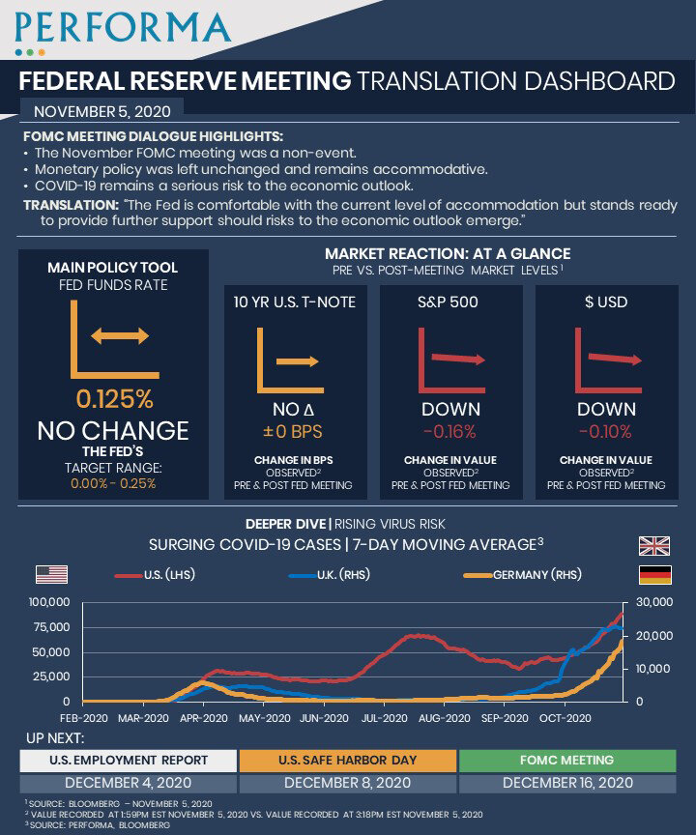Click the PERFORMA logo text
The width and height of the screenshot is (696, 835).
coord(123,27)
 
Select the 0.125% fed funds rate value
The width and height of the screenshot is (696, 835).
coord(113,398)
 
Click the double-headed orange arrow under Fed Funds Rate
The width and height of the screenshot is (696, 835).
coord(120,336)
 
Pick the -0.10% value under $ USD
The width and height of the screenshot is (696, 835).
coord(605,432)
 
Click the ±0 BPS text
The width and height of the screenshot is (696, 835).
coord(292,432)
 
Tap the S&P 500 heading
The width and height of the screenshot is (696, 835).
coord(449,302)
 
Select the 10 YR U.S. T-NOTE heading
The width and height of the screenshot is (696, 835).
coord(295,302)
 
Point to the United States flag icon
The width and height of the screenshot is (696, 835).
coord(51,574)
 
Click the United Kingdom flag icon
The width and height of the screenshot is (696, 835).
coord(654,545)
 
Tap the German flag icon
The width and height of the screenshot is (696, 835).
coord(654,575)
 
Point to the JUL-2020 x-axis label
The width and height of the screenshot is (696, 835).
coord(383,718)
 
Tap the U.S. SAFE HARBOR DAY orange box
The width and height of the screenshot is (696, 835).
coord(347,760)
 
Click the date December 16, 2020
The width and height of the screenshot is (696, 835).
coord(567,782)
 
